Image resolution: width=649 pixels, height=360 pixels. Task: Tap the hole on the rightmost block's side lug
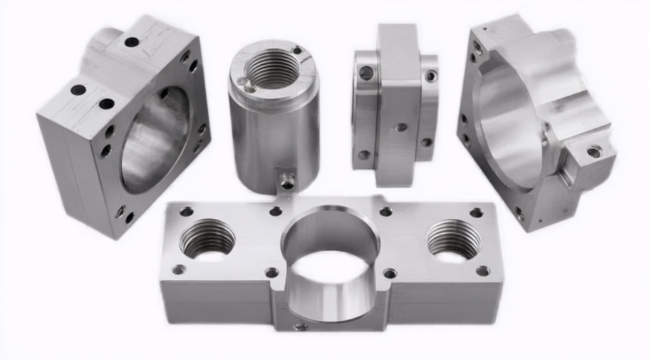coord(593,151)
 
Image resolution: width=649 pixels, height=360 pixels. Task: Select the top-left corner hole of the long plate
coord(187,211)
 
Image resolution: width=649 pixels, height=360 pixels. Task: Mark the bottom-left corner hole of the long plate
coord(179,269)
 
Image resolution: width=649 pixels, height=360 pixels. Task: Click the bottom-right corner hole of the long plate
coord(483,271)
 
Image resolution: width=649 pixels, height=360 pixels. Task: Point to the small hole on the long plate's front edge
coord(301,326)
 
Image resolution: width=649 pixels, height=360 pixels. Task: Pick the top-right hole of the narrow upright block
coord(431,76)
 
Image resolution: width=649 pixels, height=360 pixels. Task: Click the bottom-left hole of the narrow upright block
coord(364,154)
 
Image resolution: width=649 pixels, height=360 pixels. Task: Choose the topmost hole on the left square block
coord(132,42)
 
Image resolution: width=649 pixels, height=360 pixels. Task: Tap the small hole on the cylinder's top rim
coord(298,51)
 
